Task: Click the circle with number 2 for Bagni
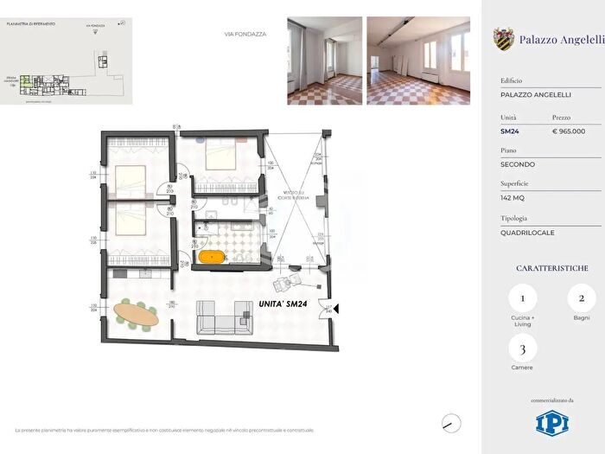coord(581,298)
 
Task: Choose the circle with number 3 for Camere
coord(522,349)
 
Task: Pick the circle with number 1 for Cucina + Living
coord(522,298)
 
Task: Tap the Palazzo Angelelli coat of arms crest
coord(503,38)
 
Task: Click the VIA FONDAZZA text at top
coord(245,35)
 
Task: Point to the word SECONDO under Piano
coord(518,164)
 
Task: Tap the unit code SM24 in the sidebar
coord(509,131)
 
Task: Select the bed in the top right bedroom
coord(226,157)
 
